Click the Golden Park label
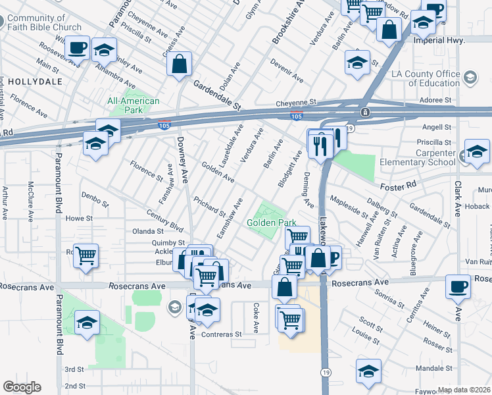pyautogui.click(x=268, y=223)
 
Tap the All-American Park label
pyautogui.click(x=134, y=105)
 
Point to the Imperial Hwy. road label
pyautogui.click(x=439, y=40)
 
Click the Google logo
pyautogui.click(x=22, y=387)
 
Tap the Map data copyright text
pyautogui.click(x=464, y=390)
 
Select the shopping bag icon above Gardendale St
pyautogui.click(x=179, y=65)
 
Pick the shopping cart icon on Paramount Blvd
pyautogui.click(x=87, y=256)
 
